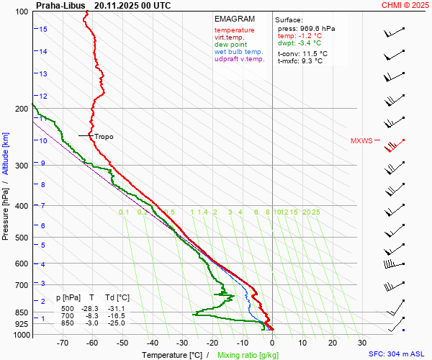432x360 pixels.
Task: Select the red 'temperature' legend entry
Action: pyautogui.click(x=234, y=30)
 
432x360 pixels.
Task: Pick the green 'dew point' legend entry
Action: pyautogui.click(x=230, y=45)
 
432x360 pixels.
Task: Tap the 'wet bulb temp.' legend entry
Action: pyautogui.click(x=238, y=52)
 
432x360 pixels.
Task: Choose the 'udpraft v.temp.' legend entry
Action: pyautogui.click(x=239, y=59)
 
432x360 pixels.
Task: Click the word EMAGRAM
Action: pyautogui.click(x=235, y=19)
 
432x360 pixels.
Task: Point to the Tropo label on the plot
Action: pyautogui.click(x=104, y=136)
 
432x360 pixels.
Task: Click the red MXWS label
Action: pyautogui.click(x=361, y=141)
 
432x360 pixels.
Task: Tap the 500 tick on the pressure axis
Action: pyautogui.click(x=23, y=238)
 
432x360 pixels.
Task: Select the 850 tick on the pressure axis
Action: pyautogui.click(x=23, y=312)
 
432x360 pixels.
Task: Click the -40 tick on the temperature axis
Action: pyautogui.click(x=152, y=343)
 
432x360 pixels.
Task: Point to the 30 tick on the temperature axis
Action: pyautogui.click(x=362, y=343)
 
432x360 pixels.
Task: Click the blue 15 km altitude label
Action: pyautogui.click(x=43, y=30)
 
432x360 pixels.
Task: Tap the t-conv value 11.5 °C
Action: pyautogui.click(x=313, y=53)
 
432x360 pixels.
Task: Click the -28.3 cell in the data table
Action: pyautogui.click(x=92, y=308)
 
